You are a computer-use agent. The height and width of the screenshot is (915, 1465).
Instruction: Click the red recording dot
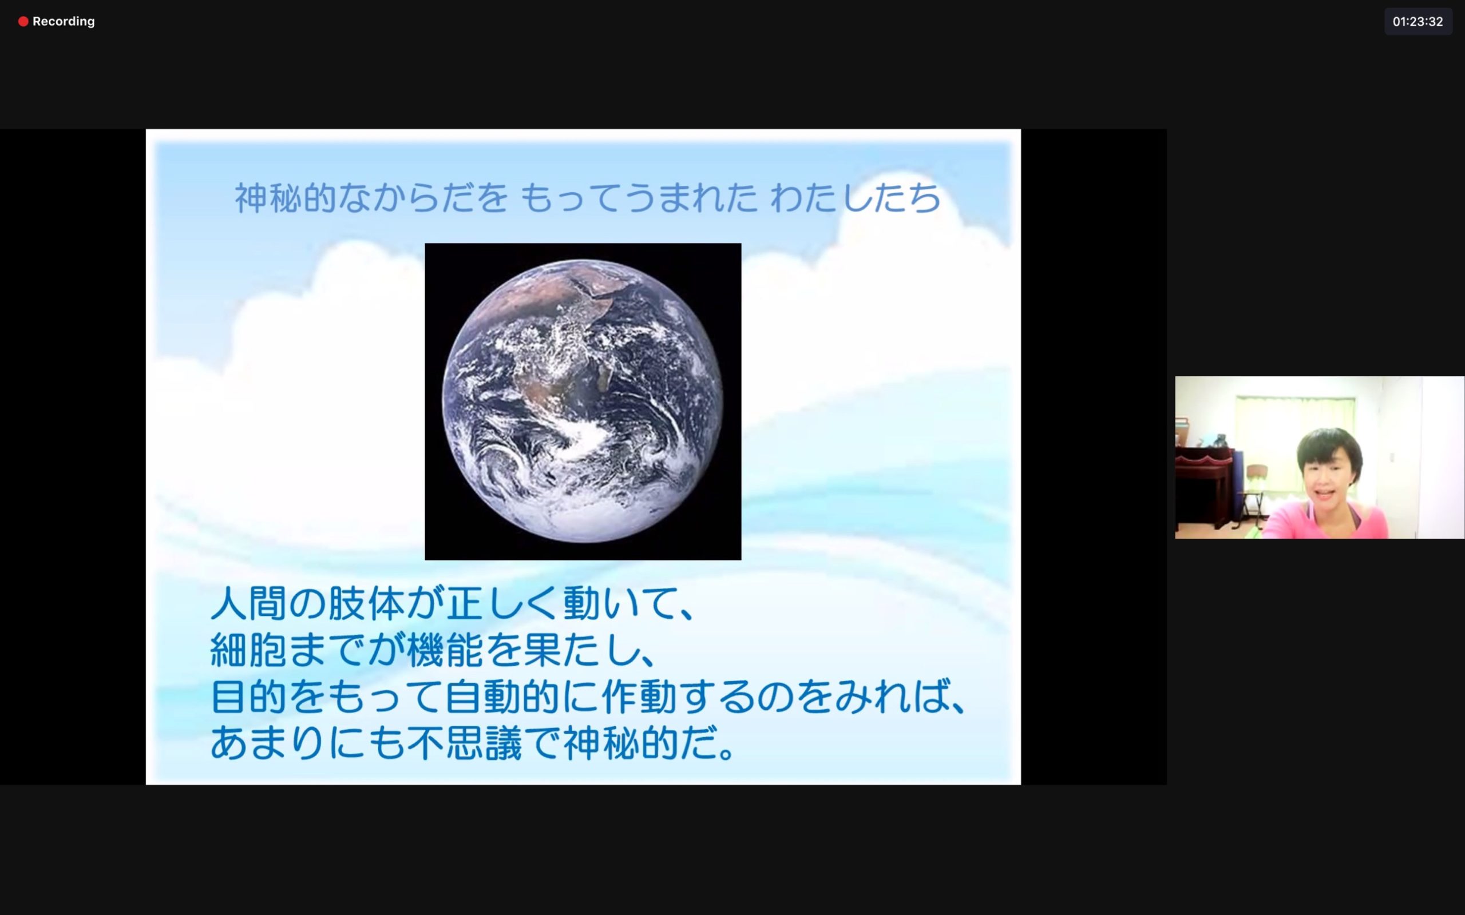tap(23, 22)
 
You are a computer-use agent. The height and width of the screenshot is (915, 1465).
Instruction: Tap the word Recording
tap(64, 22)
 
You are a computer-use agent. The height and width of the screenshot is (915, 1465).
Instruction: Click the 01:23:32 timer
tap(1418, 22)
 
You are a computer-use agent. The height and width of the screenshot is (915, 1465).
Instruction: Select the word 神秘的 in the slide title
tap(285, 198)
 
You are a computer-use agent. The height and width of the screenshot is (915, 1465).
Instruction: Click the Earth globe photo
tap(583, 401)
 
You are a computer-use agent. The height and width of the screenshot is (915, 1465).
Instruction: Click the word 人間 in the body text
tap(248, 603)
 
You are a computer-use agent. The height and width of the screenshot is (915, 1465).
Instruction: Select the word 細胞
tap(248, 651)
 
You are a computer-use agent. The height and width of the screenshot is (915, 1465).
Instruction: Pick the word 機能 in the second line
tap(446, 651)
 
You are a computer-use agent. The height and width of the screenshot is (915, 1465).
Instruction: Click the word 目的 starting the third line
tap(248, 697)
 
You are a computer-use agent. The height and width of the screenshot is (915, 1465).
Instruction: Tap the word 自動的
tap(502, 697)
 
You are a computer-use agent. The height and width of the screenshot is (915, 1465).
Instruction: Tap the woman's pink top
tap(1326, 520)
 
